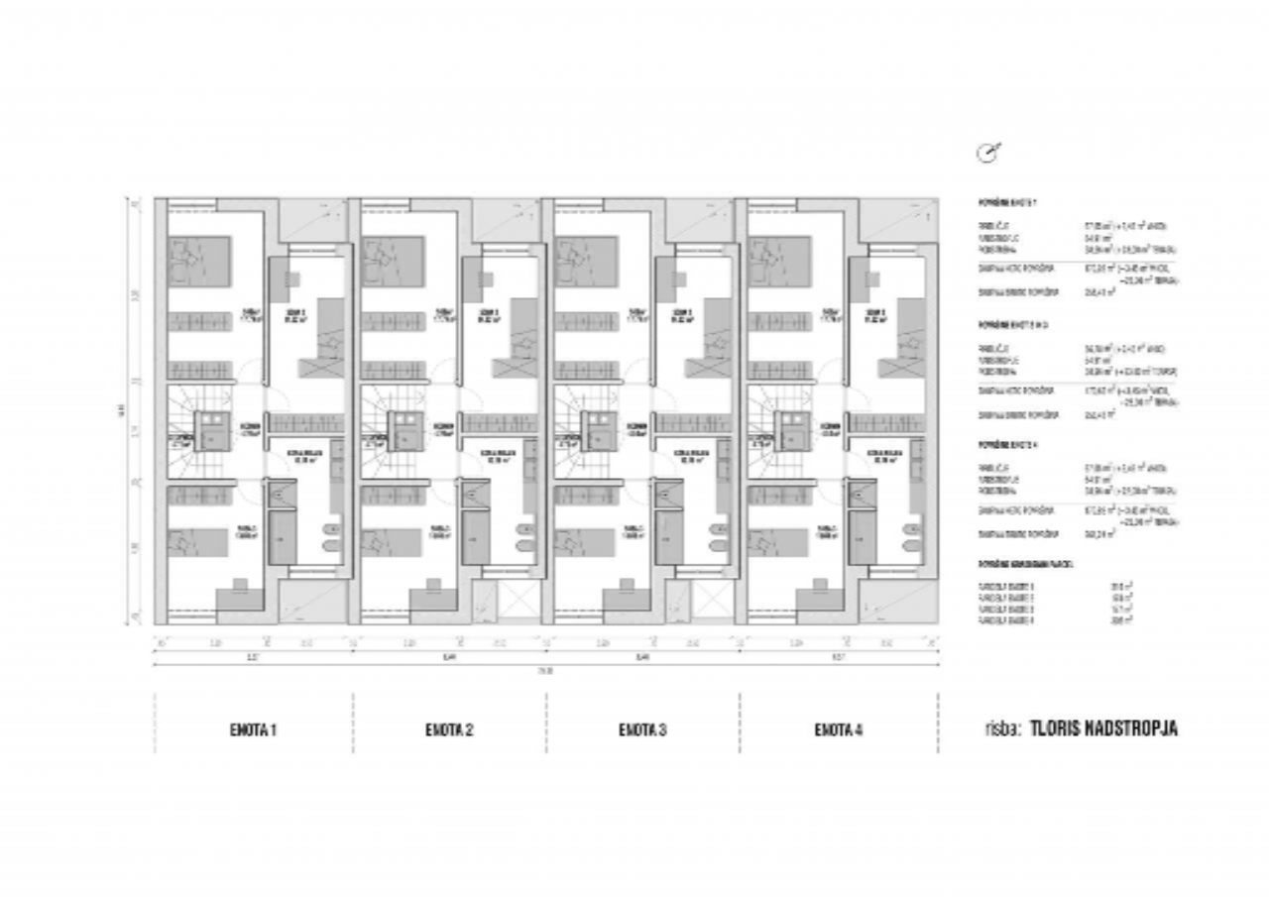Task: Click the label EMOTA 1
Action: point(253,730)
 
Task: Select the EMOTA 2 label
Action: point(448,730)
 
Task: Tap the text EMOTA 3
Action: point(642,730)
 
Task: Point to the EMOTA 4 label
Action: point(839,730)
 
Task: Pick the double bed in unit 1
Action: point(199,260)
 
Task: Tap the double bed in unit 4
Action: point(780,260)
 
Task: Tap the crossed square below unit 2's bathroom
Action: point(518,601)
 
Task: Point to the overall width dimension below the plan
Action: point(544,671)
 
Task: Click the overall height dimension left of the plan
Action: point(122,408)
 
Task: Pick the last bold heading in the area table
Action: point(1027,563)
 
